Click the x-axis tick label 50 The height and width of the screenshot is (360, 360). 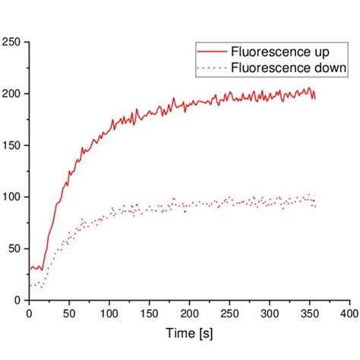[69, 313]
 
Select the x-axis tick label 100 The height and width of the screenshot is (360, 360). [109, 313]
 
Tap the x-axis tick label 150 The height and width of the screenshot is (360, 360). [150, 313]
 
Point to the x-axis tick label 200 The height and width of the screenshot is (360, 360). [189, 313]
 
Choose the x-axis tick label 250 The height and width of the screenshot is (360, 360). [229, 313]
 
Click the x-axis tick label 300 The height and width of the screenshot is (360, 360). [270, 313]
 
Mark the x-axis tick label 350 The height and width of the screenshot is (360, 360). [310, 313]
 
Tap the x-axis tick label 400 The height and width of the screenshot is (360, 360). [349, 313]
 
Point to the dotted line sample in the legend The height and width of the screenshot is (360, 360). [212, 68]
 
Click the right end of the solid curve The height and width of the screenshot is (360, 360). [315, 98]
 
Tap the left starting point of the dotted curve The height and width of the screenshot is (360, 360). [30, 286]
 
